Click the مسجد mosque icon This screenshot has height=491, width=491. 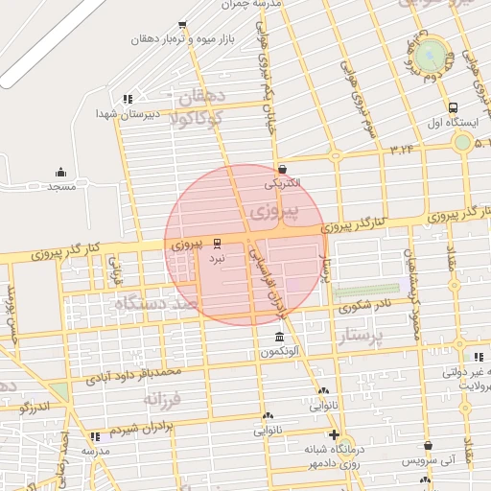coord(61,172)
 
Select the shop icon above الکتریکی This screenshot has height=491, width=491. coord(282,169)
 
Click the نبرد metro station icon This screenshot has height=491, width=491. coord(217,244)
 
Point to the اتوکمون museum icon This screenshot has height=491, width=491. coord(279,338)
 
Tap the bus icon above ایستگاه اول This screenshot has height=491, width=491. coord(453,107)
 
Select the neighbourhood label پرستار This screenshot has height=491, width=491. coord(361,337)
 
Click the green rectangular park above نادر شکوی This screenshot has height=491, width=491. coord(367,290)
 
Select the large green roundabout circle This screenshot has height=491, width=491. coord(433,52)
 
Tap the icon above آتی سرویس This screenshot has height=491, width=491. coord(429,446)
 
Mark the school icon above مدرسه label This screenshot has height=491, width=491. coord(95,436)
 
